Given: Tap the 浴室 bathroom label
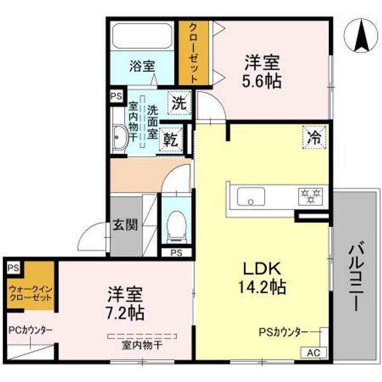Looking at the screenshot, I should pyautogui.click(x=142, y=67).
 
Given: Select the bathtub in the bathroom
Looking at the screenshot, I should pyautogui.click(x=142, y=37).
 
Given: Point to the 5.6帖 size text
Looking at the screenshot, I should pyautogui.click(x=262, y=81).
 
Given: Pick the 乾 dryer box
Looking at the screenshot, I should pyautogui.click(x=171, y=141).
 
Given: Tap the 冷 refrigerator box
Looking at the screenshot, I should pyautogui.click(x=314, y=137).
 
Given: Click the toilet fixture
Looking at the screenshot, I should pyautogui.click(x=175, y=225).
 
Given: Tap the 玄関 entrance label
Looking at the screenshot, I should pyautogui.click(x=125, y=224).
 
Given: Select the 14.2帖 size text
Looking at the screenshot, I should pyautogui.click(x=259, y=288).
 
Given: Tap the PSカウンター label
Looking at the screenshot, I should pyautogui.click(x=283, y=332).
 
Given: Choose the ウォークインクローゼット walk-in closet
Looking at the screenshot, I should pyautogui.click(x=31, y=293).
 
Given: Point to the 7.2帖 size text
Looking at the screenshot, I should pyautogui.click(x=125, y=312).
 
